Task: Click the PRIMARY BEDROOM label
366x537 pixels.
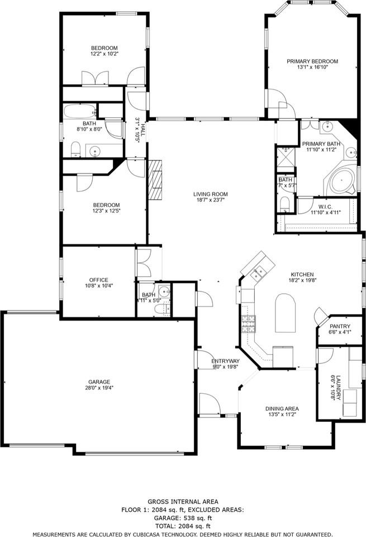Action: (312, 62)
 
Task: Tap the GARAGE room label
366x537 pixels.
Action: (98, 382)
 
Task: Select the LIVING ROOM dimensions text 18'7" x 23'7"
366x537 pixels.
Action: (212, 200)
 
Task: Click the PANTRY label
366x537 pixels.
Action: (340, 326)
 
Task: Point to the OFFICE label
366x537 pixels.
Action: (98, 280)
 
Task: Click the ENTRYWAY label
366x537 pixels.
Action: (225, 361)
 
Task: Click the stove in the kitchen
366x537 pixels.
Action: (247, 322)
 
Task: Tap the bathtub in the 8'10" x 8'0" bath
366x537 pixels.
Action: (80, 111)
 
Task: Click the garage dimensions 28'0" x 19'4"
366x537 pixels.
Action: (98, 388)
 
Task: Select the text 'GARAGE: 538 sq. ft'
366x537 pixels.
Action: (183, 518)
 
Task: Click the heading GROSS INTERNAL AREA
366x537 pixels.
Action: (183, 502)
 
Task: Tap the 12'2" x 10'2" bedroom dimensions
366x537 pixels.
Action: (104, 54)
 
